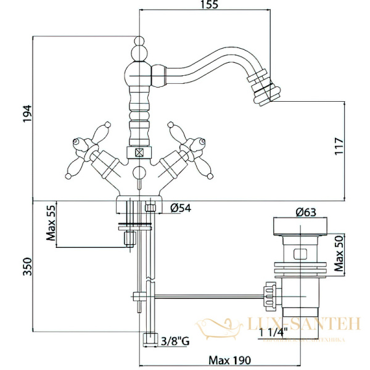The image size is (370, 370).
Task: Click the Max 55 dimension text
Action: pyautogui.click(x=51, y=224)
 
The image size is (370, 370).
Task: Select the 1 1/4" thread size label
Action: pyautogui.click(x=274, y=333)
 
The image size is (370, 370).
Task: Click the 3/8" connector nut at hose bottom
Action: pyautogui.click(x=149, y=338)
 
